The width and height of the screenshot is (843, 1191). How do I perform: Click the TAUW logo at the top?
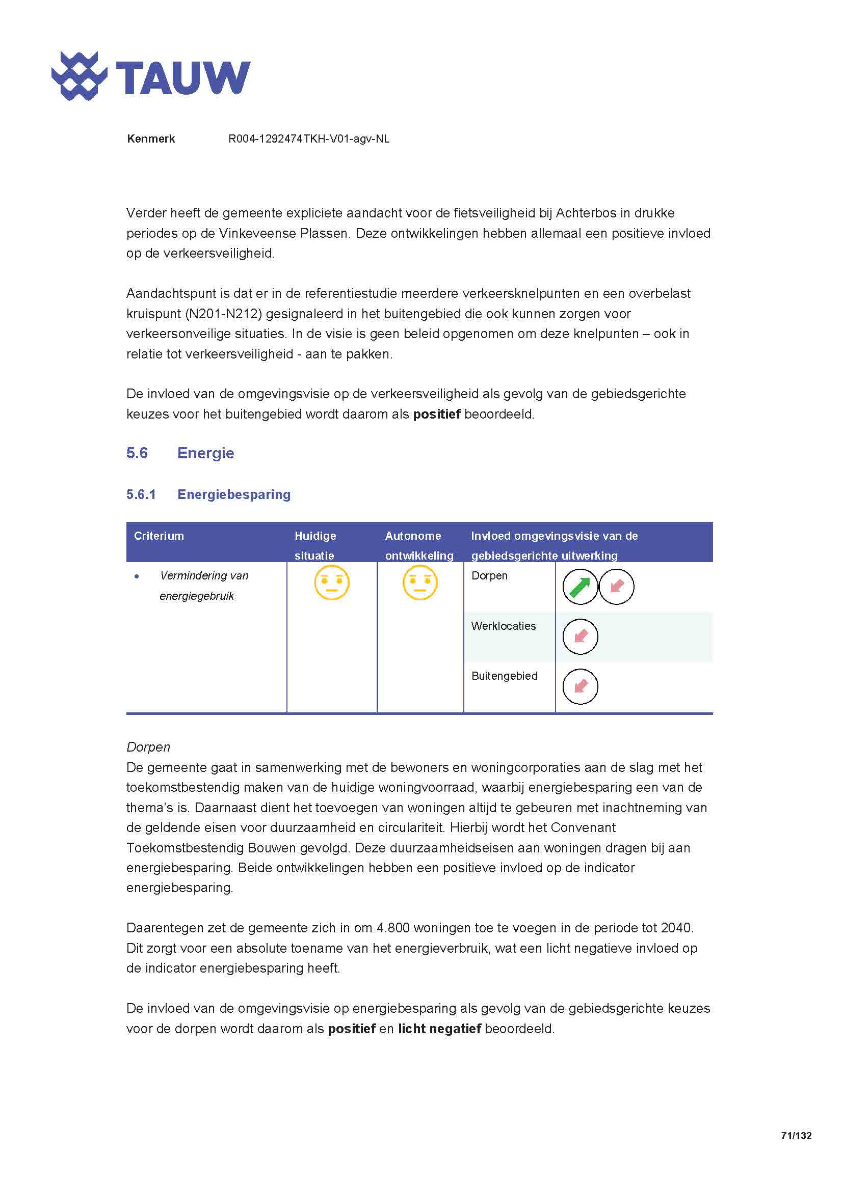[x=150, y=76]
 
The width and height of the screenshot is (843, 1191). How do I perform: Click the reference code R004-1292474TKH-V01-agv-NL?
[x=308, y=139]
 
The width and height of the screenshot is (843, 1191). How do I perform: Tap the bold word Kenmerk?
[x=150, y=139]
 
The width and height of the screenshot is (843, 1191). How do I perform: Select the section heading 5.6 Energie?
[x=180, y=453]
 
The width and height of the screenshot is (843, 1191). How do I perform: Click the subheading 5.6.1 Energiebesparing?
[x=208, y=494]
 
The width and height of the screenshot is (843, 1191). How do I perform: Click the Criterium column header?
[x=159, y=536]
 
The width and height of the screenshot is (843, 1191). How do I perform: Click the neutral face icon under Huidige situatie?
[x=332, y=583]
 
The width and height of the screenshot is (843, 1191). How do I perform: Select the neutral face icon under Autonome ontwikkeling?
[x=420, y=583]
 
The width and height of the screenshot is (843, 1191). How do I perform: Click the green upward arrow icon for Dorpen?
[x=580, y=587]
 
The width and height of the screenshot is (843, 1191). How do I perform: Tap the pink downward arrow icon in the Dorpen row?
[x=616, y=587]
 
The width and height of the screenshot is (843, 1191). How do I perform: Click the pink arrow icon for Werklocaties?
[x=580, y=636]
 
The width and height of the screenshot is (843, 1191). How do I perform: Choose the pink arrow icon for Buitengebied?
[x=580, y=687]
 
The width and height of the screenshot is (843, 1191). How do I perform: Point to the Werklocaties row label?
[x=503, y=626]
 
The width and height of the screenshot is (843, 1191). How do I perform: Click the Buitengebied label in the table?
[x=504, y=676]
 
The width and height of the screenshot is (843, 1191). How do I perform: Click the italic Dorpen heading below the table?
[x=148, y=747]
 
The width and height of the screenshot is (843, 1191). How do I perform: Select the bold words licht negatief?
[x=439, y=1029]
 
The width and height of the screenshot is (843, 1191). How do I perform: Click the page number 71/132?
[x=796, y=1135]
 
